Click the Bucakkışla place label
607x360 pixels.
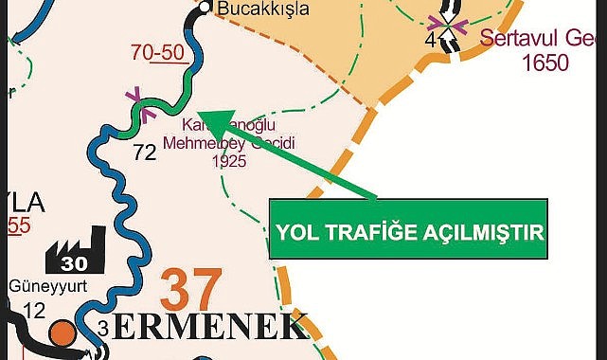(259, 9)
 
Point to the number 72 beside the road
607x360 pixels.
(144, 150)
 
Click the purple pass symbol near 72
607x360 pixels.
(135, 97)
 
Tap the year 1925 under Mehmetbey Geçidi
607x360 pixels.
(229, 160)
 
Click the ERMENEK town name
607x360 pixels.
(214, 328)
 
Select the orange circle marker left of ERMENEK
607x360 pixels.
(62, 333)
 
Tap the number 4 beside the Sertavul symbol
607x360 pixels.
(431, 41)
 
